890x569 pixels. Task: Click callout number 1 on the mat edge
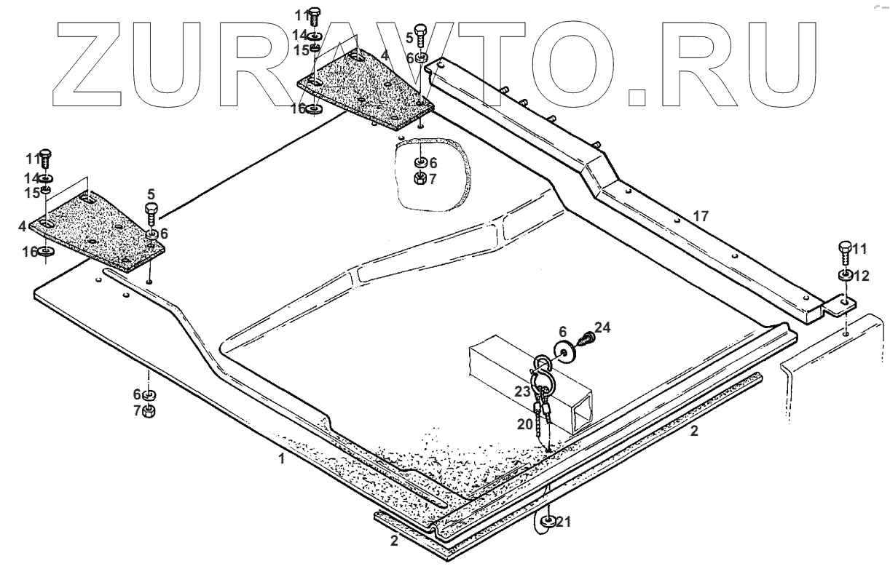click(x=281, y=459)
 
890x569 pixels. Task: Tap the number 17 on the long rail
click(x=700, y=216)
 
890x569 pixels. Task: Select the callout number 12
click(x=861, y=276)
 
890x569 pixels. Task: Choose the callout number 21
click(x=565, y=521)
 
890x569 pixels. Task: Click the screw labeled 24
click(x=583, y=338)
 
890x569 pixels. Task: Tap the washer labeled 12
click(x=846, y=276)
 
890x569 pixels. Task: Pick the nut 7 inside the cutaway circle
click(x=420, y=178)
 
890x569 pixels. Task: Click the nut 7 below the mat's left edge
click(x=148, y=413)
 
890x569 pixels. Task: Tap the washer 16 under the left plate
click(x=45, y=252)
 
